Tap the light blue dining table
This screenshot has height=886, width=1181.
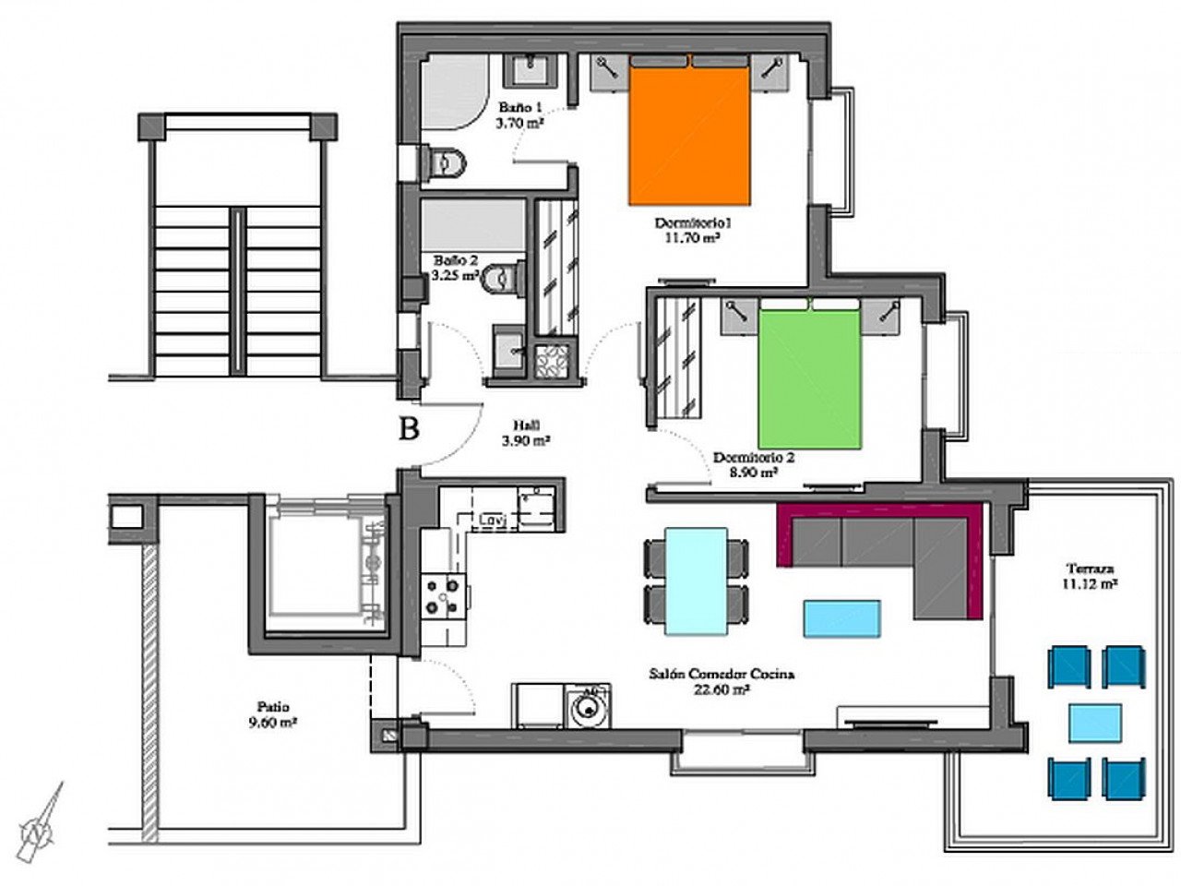(696, 581)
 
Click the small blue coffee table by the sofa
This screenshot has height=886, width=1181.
(841, 617)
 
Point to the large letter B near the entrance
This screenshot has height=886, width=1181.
(409, 428)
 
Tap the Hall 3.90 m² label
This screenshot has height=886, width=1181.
(526, 433)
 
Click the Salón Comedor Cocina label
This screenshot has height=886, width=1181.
(722, 680)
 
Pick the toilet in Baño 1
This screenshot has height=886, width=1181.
(447, 163)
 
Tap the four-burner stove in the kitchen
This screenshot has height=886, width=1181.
(444, 595)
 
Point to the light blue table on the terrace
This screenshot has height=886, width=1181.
(1095, 723)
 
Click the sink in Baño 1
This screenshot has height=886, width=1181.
(533, 68)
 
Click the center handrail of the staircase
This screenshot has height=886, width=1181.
(239, 290)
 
